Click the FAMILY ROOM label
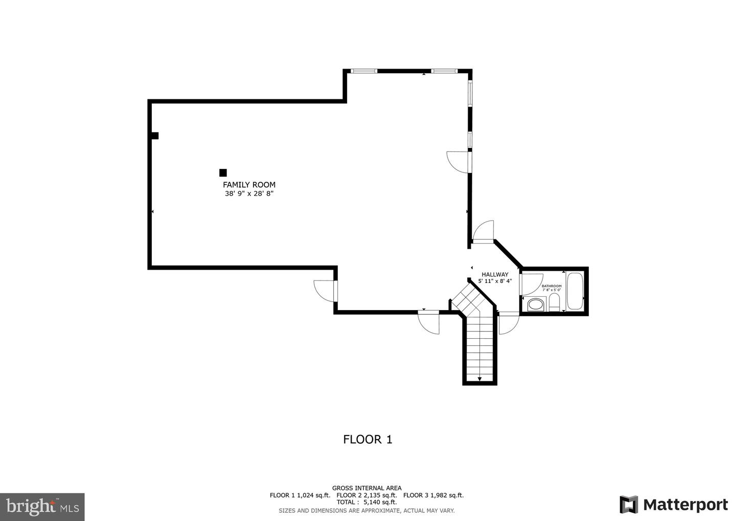pyautogui.click(x=249, y=185)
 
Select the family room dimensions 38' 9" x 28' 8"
pyautogui.click(x=249, y=194)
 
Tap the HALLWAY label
pyautogui.click(x=495, y=274)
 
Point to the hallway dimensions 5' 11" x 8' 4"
pyautogui.click(x=495, y=281)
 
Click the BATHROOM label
pyautogui.click(x=551, y=286)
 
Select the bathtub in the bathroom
pyautogui.click(x=575, y=291)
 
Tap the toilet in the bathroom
pyautogui.click(x=554, y=302)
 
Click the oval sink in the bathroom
pyautogui.click(x=535, y=305)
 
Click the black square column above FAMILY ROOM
pyautogui.click(x=223, y=172)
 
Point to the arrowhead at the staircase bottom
pyautogui.click(x=480, y=379)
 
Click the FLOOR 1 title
pyautogui.click(x=367, y=440)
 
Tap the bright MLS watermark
pyautogui.click(x=42, y=507)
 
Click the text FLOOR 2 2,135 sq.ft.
pyautogui.click(x=366, y=495)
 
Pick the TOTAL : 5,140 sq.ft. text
pyautogui.click(x=366, y=502)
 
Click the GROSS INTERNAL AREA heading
pyautogui.click(x=366, y=488)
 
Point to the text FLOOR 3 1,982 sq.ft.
pyautogui.click(x=433, y=495)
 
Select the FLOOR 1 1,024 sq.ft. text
pyautogui.click(x=300, y=495)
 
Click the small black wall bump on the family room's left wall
pyautogui.click(x=155, y=136)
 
